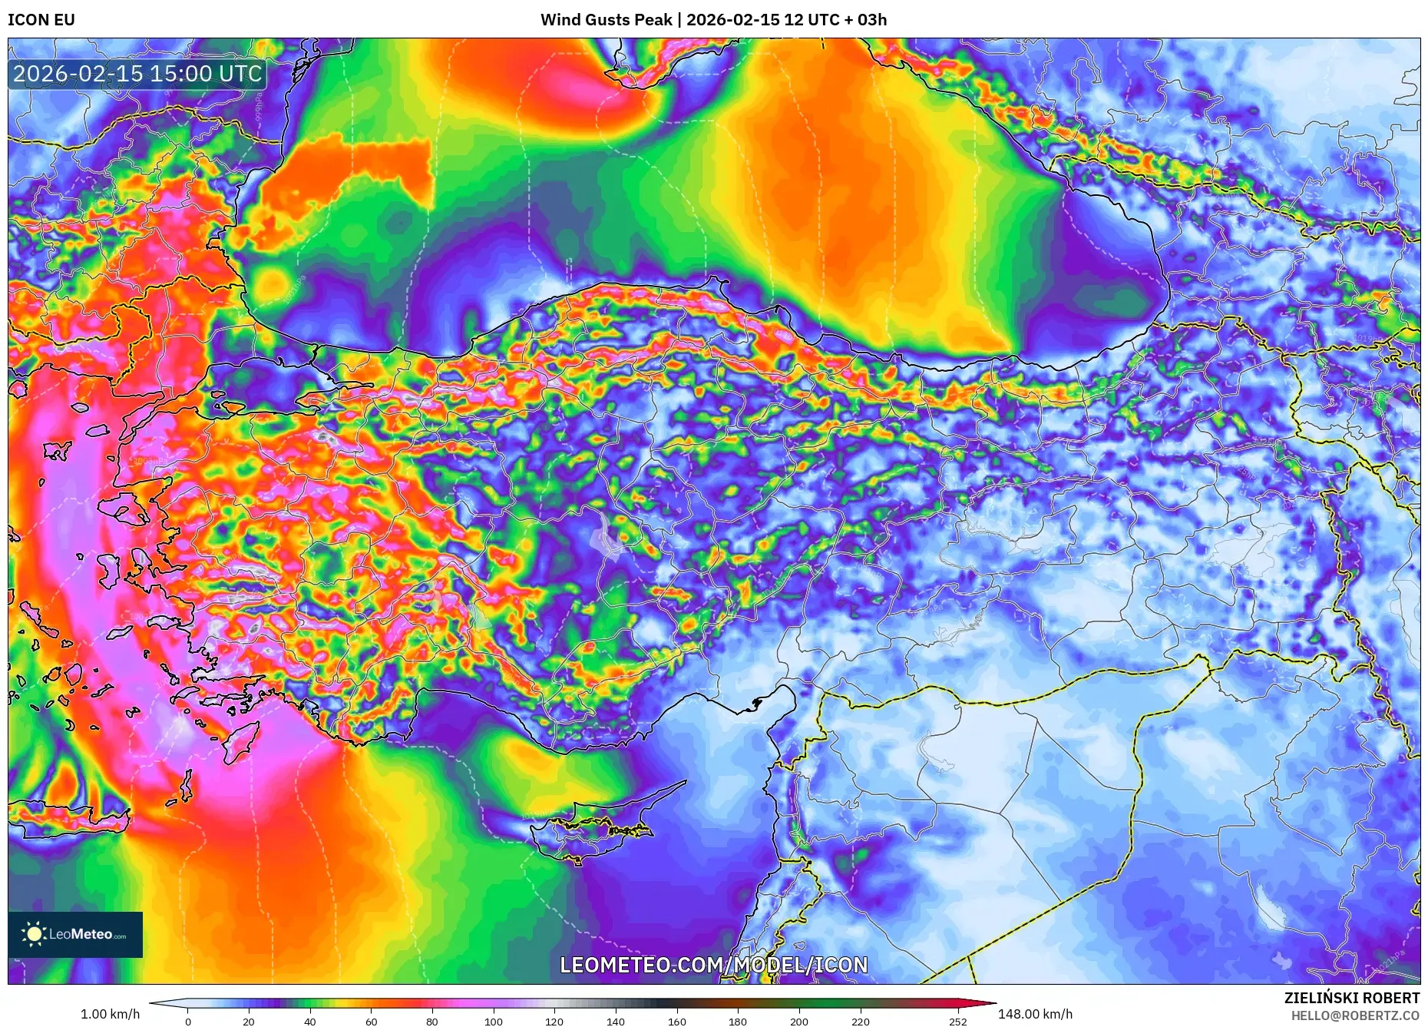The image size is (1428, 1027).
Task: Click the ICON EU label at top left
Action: pos(41,20)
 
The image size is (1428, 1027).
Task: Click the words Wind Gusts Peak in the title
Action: pos(606,20)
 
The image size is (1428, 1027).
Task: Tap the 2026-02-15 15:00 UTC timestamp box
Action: pos(138,74)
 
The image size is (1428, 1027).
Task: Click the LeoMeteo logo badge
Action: pos(75,934)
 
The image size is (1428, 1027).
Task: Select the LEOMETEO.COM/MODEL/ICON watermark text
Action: pos(713,965)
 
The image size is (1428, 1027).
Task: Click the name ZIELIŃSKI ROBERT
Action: pos(1351,998)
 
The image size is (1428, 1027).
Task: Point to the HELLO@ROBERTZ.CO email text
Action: pos(1354,1015)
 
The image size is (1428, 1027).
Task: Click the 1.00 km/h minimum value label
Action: pos(110,1014)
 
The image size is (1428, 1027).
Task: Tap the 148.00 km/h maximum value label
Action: pos(1035,1014)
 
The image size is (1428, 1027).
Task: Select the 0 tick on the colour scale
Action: pos(188,1022)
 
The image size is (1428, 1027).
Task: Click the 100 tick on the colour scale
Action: pos(494,1022)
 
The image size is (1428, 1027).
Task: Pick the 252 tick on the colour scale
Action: pos(957,1022)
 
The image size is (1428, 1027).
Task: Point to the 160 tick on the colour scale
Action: pos(677,1022)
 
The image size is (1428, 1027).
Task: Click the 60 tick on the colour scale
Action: pos(372,1022)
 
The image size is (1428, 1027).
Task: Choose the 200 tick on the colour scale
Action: pos(799,1022)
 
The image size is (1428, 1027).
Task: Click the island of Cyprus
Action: pos(591,830)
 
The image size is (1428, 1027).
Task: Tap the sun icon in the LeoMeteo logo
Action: pos(34,934)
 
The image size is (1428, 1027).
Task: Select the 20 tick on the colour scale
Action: pos(249,1022)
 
